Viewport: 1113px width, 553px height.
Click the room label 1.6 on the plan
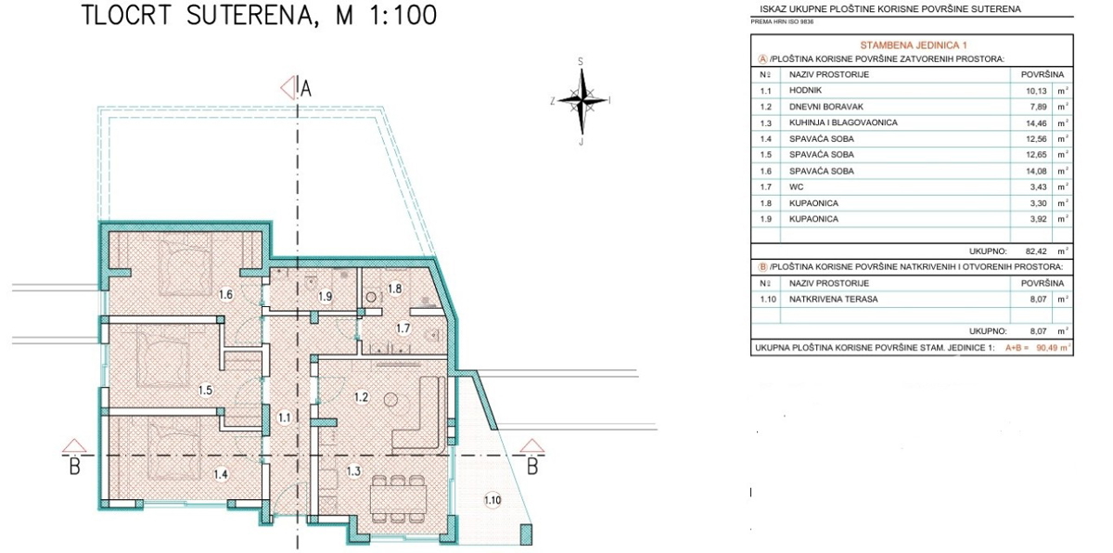click(x=225, y=295)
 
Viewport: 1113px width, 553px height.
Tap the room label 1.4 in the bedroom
click(x=221, y=474)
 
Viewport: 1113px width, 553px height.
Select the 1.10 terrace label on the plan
click(x=492, y=500)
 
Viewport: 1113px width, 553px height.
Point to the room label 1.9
click(x=325, y=297)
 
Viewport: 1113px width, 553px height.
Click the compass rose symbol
click(x=582, y=101)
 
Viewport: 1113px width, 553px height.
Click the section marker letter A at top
click(x=305, y=89)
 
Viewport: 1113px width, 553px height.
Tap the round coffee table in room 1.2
click(x=391, y=399)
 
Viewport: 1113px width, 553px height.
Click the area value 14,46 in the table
click(x=1036, y=123)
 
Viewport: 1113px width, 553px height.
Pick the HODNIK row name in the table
click(x=805, y=90)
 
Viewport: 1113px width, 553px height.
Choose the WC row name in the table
click(x=796, y=186)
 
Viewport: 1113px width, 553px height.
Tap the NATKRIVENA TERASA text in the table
click(x=833, y=299)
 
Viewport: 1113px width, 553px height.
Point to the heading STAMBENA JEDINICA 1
click(x=914, y=45)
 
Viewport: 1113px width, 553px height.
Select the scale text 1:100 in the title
click(x=403, y=15)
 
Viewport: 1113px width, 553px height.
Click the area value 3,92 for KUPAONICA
click(x=1038, y=219)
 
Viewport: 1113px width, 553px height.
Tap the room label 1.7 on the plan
click(x=403, y=328)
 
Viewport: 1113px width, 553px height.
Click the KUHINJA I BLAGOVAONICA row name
click(x=843, y=122)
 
